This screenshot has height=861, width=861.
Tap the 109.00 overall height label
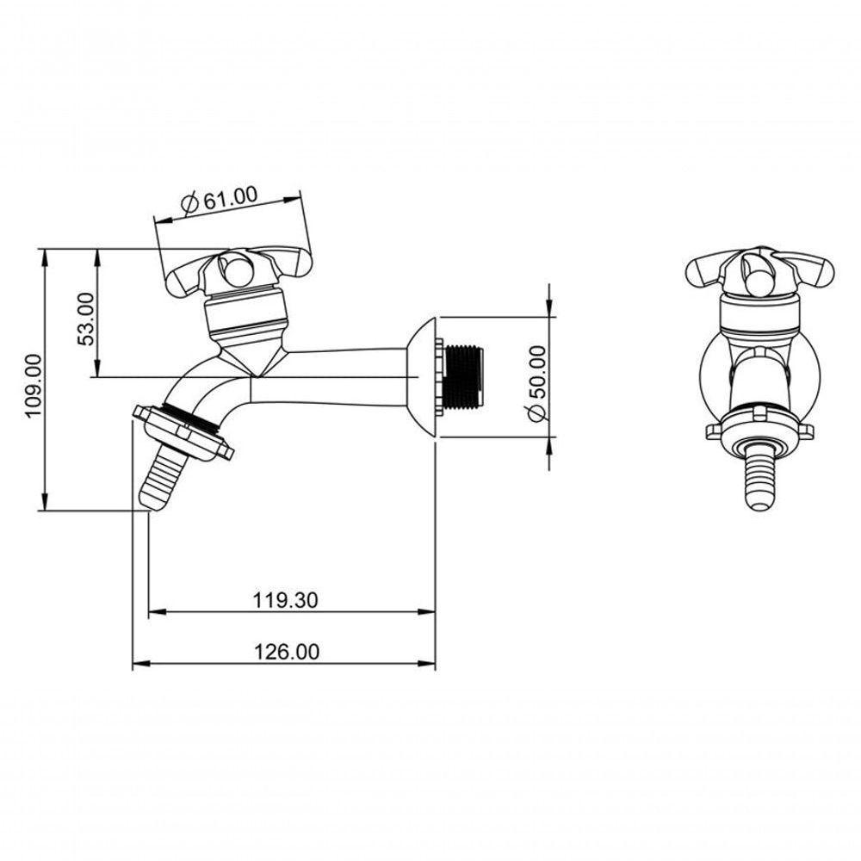point(34,386)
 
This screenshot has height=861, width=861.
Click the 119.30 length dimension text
point(286,600)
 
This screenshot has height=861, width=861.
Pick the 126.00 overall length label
point(286,652)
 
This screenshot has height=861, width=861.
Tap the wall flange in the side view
point(422,377)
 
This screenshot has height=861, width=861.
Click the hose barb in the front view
point(760,476)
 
